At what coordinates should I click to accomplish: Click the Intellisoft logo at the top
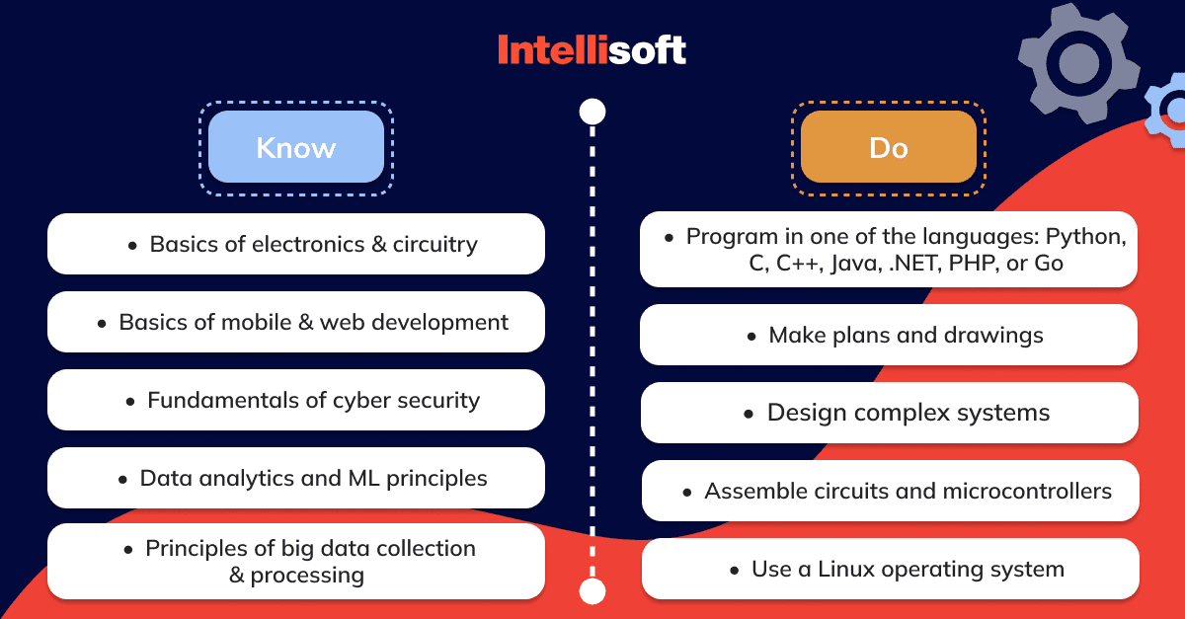pyautogui.click(x=592, y=49)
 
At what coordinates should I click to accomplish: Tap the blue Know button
pyautogui.click(x=296, y=146)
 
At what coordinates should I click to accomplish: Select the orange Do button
pyautogui.click(x=889, y=146)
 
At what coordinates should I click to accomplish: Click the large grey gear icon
pyautogui.click(x=1079, y=63)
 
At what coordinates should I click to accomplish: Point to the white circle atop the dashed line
pyautogui.click(x=592, y=112)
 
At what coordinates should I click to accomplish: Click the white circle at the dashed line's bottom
pyautogui.click(x=592, y=591)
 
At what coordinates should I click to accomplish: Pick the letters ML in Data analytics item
pyautogui.click(x=364, y=478)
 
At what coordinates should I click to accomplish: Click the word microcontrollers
pyautogui.click(x=1027, y=491)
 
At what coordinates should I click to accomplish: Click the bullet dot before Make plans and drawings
pyautogui.click(x=751, y=337)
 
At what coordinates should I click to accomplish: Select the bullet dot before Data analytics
pyautogui.click(x=122, y=480)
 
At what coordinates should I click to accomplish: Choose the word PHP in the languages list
pyautogui.click(x=974, y=264)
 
